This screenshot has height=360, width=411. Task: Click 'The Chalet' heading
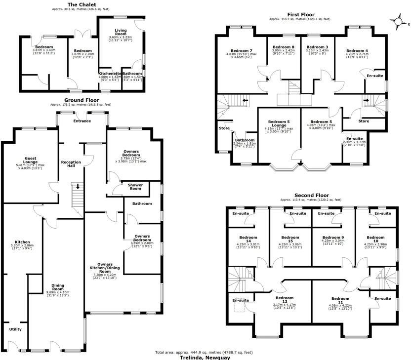[79, 4]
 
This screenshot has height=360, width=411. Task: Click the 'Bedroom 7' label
[242, 51]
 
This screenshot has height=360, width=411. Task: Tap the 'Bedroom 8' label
[283, 47]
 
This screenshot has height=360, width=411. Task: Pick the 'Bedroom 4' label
[357, 51]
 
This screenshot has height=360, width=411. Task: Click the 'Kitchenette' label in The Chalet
[109, 74]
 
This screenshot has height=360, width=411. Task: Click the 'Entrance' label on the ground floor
[82, 120]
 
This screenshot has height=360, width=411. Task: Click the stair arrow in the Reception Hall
[77, 187]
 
